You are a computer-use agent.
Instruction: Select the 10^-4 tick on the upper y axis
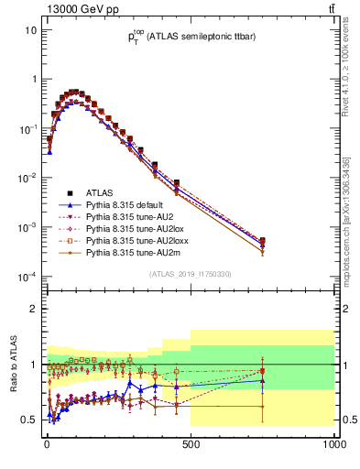click(x=28, y=277)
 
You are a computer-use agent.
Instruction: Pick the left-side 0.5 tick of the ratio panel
click(x=30, y=420)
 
